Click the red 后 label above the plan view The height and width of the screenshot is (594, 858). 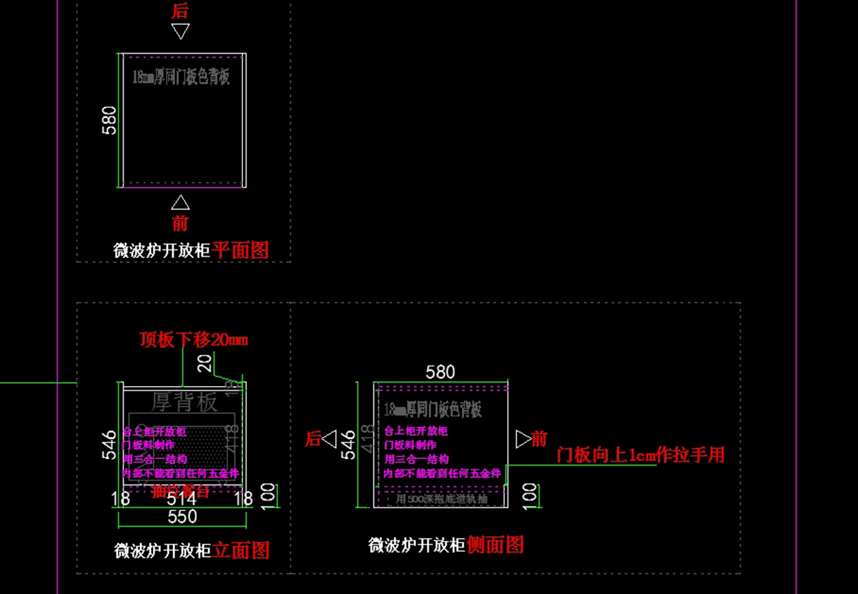point(180,11)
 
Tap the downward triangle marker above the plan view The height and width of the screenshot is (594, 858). point(180,31)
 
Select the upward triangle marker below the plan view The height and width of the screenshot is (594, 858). point(180,202)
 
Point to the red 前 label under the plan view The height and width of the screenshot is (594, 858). point(180,222)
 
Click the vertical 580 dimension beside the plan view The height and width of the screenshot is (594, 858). point(109,120)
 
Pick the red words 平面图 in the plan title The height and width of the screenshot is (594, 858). point(241,250)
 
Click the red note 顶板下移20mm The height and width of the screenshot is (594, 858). point(194,340)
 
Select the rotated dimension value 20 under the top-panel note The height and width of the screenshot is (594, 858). point(206,363)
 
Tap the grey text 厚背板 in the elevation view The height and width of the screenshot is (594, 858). point(184,402)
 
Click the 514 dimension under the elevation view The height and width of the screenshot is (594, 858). point(182,498)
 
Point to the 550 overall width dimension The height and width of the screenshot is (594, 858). point(182,516)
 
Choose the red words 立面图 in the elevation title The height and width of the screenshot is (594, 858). point(242,550)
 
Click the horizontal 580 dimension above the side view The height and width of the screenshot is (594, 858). point(440,372)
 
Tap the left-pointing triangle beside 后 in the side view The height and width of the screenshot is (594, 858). point(329,439)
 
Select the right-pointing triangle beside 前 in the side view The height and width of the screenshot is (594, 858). point(523,438)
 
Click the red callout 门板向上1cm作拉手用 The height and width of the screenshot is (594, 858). point(641,455)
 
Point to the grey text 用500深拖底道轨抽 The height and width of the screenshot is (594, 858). point(442,498)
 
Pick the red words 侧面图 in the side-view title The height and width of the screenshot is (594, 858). point(495,545)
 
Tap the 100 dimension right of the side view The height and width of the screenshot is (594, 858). point(530,494)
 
